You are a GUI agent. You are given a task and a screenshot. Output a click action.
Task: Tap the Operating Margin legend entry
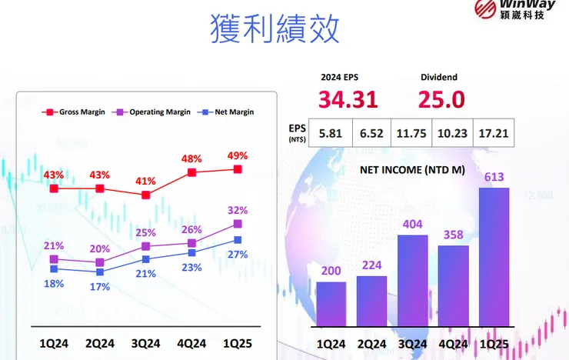tap(153, 112)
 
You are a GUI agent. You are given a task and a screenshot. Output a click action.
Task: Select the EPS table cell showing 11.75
tap(411, 132)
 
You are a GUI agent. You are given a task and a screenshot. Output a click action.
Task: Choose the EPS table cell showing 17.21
tap(493, 132)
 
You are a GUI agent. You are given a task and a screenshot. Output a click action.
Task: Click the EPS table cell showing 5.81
tap(330, 132)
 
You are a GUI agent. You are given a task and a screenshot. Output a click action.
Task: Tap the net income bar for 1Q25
tap(494, 257)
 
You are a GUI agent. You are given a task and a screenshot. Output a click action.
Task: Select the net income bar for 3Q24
tap(412, 280)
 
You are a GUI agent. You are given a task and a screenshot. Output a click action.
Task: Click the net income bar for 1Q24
tap(331, 303)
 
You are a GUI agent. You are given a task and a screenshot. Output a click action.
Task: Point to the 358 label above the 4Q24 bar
tap(453, 234)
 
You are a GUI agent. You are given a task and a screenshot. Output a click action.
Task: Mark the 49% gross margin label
tap(236, 155)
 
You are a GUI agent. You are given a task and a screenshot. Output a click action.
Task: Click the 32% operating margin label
tap(237, 210)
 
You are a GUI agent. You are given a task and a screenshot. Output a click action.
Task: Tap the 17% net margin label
tap(100, 286)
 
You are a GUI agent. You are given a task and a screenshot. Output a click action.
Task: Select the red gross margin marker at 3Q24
tap(146, 195)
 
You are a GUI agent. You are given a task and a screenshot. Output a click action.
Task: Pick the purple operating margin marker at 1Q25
tap(238, 224)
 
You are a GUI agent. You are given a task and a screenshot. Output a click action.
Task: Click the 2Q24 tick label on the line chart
tap(100, 344)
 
